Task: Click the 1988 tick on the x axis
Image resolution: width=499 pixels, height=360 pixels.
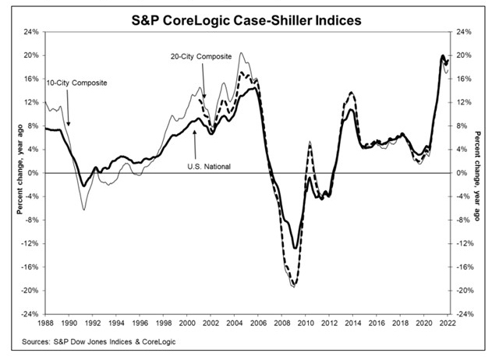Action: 44,323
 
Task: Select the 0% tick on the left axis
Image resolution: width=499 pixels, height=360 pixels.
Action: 33,173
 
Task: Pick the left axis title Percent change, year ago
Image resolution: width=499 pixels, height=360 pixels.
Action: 13,173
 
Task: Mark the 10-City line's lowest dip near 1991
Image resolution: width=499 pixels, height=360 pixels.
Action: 83,210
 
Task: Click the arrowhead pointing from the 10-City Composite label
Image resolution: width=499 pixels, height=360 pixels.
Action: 68,125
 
